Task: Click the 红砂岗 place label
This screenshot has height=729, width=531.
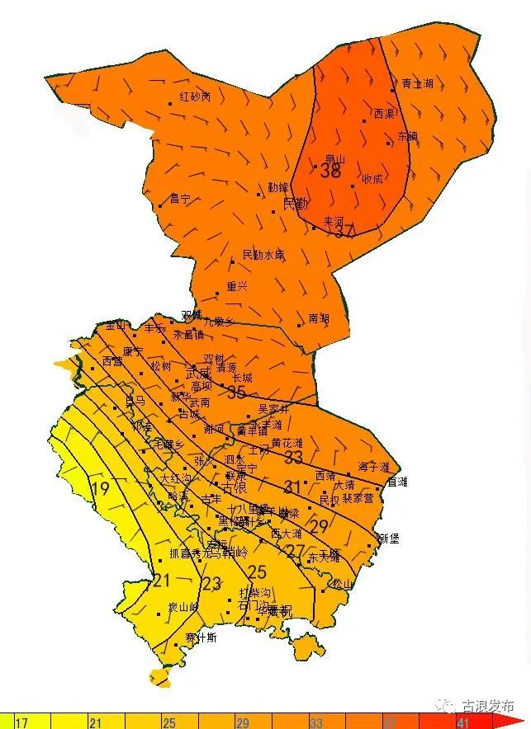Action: [x=196, y=96]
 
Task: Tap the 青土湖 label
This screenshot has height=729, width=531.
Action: [x=417, y=84]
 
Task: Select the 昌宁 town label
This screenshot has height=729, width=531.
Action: [x=180, y=199]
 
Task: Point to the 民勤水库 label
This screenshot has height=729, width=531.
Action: [x=263, y=255]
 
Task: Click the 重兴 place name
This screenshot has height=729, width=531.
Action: [x=237, y=286]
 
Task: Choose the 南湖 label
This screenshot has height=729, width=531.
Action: [x=319, y=317]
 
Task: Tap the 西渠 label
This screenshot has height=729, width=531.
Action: [x=384, y=114]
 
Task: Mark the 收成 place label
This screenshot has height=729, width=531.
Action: [x=372, y=179]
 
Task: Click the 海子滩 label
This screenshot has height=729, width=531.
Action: [x=373, y=467]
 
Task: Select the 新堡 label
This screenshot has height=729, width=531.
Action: [x=388, y=539]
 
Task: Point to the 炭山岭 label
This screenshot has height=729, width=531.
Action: [x=183, y=607]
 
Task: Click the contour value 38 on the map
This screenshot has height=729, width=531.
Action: [x=330, y=172]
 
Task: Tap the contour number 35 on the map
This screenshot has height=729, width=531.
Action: [x=237, y=393]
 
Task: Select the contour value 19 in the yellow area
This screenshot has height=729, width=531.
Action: [x=101, y=489]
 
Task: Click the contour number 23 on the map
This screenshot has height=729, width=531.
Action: [x=211, y=585]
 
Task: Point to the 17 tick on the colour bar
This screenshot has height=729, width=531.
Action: [x=21, y=723]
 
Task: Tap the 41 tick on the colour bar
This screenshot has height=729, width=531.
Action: [x=462, y=723]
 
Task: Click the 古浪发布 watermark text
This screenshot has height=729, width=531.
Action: [x=488, y=707]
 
